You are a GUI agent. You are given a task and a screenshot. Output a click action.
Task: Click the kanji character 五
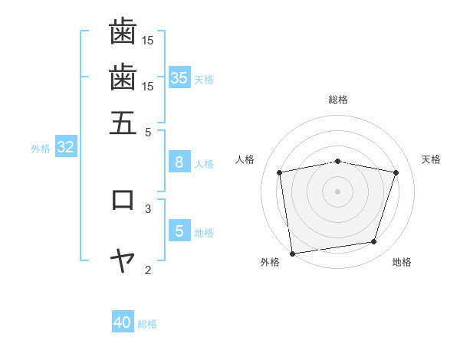(123, 123)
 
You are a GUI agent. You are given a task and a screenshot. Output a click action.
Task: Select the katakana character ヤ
(123, 261)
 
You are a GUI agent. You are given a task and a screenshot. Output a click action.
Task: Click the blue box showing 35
(179, 77)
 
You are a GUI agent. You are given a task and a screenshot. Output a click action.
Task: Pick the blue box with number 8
(179, 162)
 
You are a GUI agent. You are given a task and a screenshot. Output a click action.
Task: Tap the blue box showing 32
(65, 148)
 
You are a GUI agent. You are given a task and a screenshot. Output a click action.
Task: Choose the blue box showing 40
(123, 322)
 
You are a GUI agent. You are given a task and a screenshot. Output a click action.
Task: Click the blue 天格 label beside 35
(204, 79)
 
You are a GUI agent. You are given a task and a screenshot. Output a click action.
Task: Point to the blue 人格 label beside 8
(204, 164)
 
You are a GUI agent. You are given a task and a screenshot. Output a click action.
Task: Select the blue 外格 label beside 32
(41, 149)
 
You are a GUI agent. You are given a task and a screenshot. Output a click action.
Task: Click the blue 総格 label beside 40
(147, 324)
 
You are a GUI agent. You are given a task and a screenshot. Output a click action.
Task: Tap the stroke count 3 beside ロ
(148, 208)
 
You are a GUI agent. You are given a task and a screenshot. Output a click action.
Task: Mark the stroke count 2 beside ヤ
(148, 270)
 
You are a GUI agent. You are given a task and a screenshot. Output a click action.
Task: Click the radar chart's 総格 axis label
(337, 100)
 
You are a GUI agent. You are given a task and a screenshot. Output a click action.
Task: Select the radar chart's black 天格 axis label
(431, 159)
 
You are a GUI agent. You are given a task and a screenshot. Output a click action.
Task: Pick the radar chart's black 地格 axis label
(402, 262)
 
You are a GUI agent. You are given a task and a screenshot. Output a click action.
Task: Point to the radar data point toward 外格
(292, 253)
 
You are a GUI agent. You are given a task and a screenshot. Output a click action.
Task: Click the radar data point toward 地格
(373, 242)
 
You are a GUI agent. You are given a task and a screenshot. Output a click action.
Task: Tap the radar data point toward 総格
(337, 161)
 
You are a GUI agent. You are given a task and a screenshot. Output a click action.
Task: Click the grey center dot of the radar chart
(337, 191)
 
